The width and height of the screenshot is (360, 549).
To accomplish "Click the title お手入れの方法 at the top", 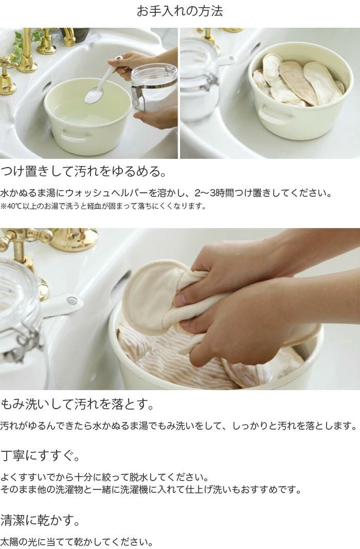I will (x=179, y=11).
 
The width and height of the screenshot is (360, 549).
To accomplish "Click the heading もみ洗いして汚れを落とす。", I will (x=77, y=403).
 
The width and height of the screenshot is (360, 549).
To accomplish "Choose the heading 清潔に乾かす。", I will (x=40, y=520).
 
